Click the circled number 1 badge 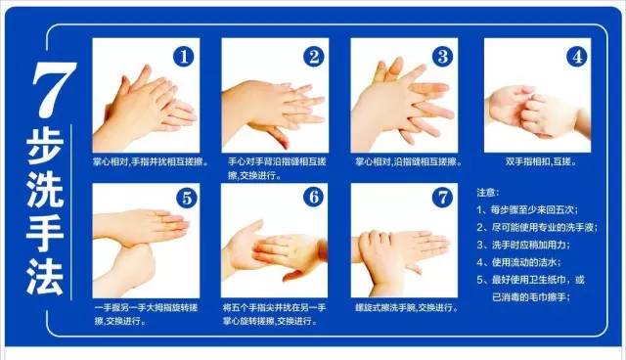click(x=183, y=57)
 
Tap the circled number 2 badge click(x=313, y=57)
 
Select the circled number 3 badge click(x=442, y=57)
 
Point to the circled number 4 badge click(x=576, y=57)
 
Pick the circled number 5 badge click(x=187, y=198)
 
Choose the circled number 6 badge click(x=313, y=197)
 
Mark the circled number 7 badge click(x=442, y=197)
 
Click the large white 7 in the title click(x=54, y=90)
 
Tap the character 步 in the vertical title click(x=45, y=146)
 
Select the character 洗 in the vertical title click(x=45, y=189)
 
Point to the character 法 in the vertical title click(x=45, y=277)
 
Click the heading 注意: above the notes click(x=487, y=193)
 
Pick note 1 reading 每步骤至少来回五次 click(x=527, y=210)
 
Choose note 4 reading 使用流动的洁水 click(x=518, y=262)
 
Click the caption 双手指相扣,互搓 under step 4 click(x=541, y=161)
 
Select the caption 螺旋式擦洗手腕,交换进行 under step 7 click(x=407, y=308)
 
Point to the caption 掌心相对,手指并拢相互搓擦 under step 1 click(x=151, y=162)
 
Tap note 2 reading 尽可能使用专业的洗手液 click(x=537, y=228)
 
